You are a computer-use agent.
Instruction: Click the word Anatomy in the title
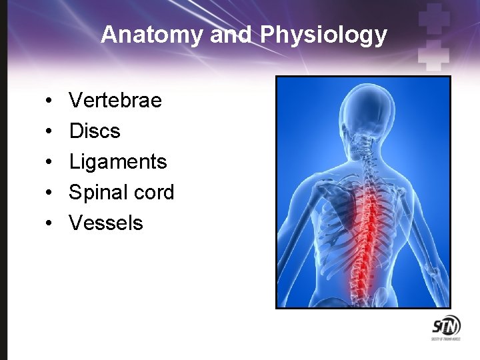click(x=153, y=35)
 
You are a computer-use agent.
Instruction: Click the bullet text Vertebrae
click(x=115, y=101)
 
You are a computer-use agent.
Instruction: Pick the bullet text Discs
click(x=95, y=131)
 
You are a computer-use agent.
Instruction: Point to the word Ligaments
click(x=118, y=162)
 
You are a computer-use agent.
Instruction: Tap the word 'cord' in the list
click(x=153, y=193)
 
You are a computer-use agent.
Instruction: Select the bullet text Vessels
click(x=106, y=223)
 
